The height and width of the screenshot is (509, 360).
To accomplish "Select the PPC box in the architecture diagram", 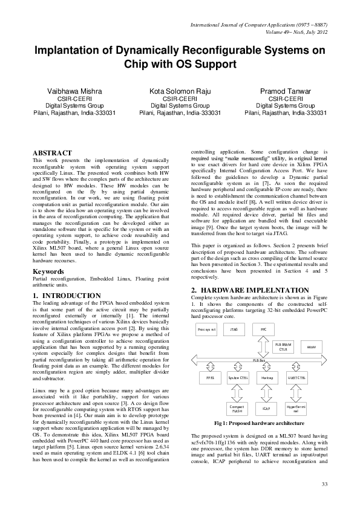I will coord(263,329).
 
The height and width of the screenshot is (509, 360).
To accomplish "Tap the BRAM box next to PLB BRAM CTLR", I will coord(312,348).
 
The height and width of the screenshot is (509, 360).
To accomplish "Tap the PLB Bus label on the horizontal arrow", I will coord(259,360).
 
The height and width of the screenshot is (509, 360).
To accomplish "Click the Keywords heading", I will coord(48,272).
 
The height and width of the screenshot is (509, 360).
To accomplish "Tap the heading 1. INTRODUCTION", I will coord(67,296).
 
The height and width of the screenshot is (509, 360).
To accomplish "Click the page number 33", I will coord(324,484).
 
